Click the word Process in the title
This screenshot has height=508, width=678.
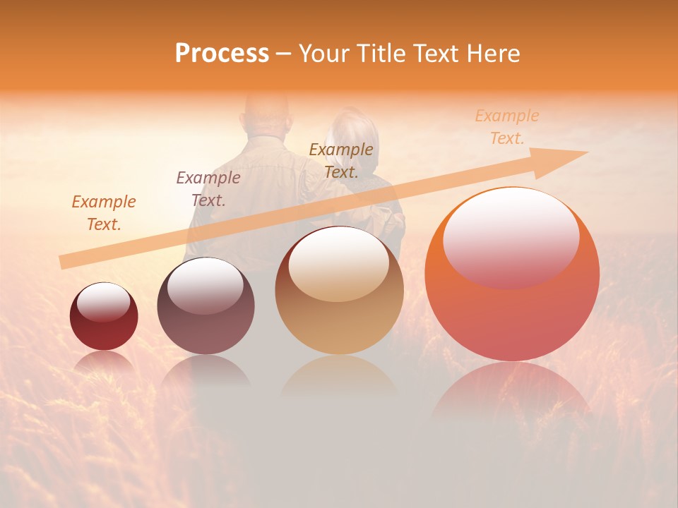pyautogui.click(x=222, y=54)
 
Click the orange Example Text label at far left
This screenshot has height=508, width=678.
pyautogui.click(x=104, y=213)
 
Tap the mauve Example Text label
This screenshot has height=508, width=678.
pyautogui.click(x=208, y=188)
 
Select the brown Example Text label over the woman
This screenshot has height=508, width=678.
pyautogui.click(x=341, y=160)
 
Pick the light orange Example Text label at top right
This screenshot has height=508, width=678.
pyautogui.click(x=507, y=127)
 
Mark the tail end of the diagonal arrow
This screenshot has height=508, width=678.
pyautogui.click(x=61, y=262)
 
